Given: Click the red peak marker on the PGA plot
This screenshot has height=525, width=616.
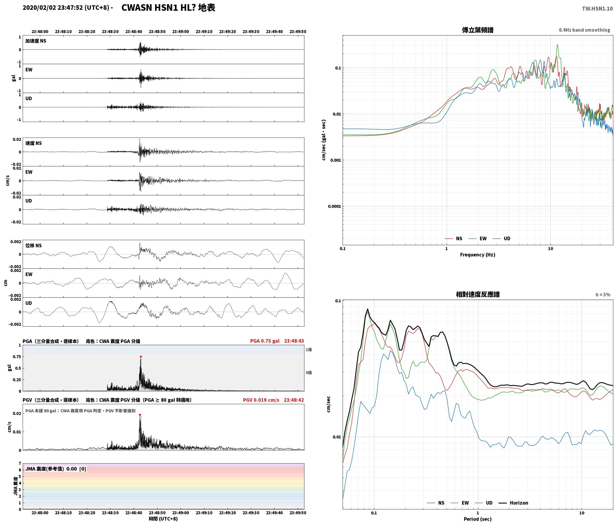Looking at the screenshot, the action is click(x=141, y=356).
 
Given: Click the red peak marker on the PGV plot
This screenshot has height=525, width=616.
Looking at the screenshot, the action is click(x=140, y=415).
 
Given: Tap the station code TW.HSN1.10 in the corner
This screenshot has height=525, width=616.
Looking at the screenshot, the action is click(x=597, y=8).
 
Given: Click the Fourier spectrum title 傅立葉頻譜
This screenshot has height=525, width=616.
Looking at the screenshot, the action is click(x=477, y=30).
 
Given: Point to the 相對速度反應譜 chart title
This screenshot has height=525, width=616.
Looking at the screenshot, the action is click(x=478, y=294).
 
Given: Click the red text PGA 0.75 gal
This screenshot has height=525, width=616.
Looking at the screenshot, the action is click(x=265, y=341).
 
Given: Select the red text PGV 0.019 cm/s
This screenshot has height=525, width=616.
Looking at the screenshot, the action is click(x=261, y=400).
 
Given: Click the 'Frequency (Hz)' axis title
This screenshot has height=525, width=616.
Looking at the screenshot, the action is click(x=477, y=254).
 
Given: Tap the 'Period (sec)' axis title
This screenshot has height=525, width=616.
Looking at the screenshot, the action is click(x=477, y=519).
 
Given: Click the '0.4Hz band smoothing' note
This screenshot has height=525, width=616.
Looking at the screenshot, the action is click(x=584, y=30).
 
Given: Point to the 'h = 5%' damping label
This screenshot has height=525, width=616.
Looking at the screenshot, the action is click(x=603, y=294).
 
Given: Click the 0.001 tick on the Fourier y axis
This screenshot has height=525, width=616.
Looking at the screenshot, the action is click(x=335, y=160).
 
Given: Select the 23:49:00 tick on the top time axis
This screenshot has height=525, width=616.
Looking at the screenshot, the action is click(x=180, y=31).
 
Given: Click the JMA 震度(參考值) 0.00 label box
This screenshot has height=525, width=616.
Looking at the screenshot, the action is click(x=56, y=469).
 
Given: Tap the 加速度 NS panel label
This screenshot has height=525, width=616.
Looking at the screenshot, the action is click(x=36, y=41).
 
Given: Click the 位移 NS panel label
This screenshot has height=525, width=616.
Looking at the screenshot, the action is click(x=34, y=245).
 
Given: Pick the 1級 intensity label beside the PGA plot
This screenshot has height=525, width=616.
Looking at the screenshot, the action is click(x=309, y=349).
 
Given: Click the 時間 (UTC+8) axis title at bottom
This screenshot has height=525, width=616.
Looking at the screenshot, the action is click(x=163, y=519).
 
